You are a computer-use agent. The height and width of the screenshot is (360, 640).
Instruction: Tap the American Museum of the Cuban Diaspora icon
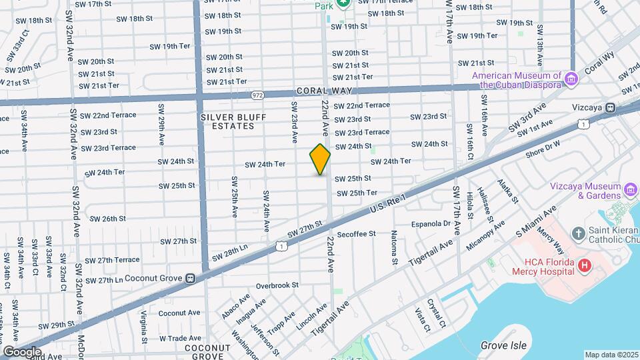(x=571, y=80)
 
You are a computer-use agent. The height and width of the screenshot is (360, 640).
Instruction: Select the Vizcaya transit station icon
(x=610, y=107)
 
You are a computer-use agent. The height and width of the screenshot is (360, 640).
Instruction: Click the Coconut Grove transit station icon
(x=190, y=278)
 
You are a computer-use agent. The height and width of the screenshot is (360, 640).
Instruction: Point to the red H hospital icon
(x=585, y=266)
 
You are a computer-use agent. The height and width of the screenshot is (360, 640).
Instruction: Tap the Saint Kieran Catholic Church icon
(x=578, y=233)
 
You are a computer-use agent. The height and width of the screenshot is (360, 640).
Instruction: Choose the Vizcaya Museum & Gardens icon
(x=631, y=191)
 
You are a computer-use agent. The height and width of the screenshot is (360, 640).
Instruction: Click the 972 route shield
(x=258, y=95)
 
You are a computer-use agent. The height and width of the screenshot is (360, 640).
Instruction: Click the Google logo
(x=22, y=351)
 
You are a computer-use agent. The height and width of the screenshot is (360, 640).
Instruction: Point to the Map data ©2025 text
(x=610, y=355)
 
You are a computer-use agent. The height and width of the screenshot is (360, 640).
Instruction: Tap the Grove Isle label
(x=503, y=345)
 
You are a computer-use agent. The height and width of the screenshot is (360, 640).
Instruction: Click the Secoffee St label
(x=357, y=234)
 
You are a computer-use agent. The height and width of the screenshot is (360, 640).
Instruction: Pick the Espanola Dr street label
(x=431, y=223)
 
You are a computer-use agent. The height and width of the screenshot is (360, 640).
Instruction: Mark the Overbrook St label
(x=277, y=285)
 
